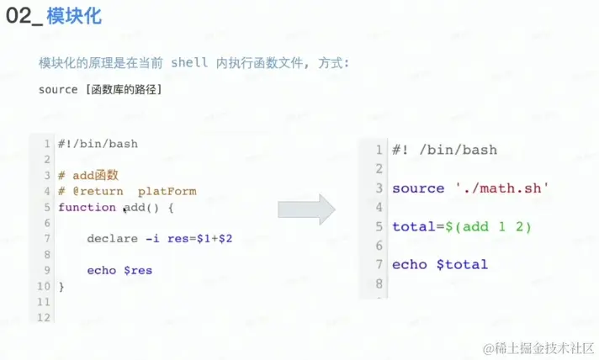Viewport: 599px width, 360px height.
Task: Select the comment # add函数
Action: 88,175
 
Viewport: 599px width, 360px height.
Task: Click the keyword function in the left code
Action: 87,207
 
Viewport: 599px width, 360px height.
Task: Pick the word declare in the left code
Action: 112,239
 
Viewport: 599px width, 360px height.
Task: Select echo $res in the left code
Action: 119,271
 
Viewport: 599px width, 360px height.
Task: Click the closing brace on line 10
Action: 61,287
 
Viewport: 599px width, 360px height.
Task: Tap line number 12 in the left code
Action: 45,317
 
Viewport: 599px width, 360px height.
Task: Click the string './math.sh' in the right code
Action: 501,188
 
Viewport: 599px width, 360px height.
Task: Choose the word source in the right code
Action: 417,188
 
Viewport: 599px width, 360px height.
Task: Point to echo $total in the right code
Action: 439,264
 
